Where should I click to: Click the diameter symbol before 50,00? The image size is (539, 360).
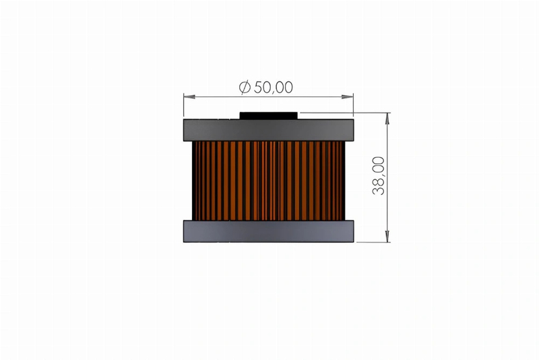(x=245, y=88)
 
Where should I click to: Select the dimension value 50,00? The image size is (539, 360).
(x=274, y=88)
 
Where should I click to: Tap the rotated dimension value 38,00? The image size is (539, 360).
(x=379, y=176)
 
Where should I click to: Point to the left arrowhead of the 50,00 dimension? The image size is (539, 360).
(x=189, y=96)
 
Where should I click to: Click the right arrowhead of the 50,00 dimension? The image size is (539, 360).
(x=348, y=96)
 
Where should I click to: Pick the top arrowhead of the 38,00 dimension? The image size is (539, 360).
(x=387, y=119)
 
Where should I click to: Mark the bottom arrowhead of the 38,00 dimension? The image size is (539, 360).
(x=387, y=236)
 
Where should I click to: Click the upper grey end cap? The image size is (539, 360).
(x=268, y=130)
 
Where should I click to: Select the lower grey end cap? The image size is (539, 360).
(x=268, y=231)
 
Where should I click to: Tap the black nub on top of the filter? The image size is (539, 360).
(x=268, y=115)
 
